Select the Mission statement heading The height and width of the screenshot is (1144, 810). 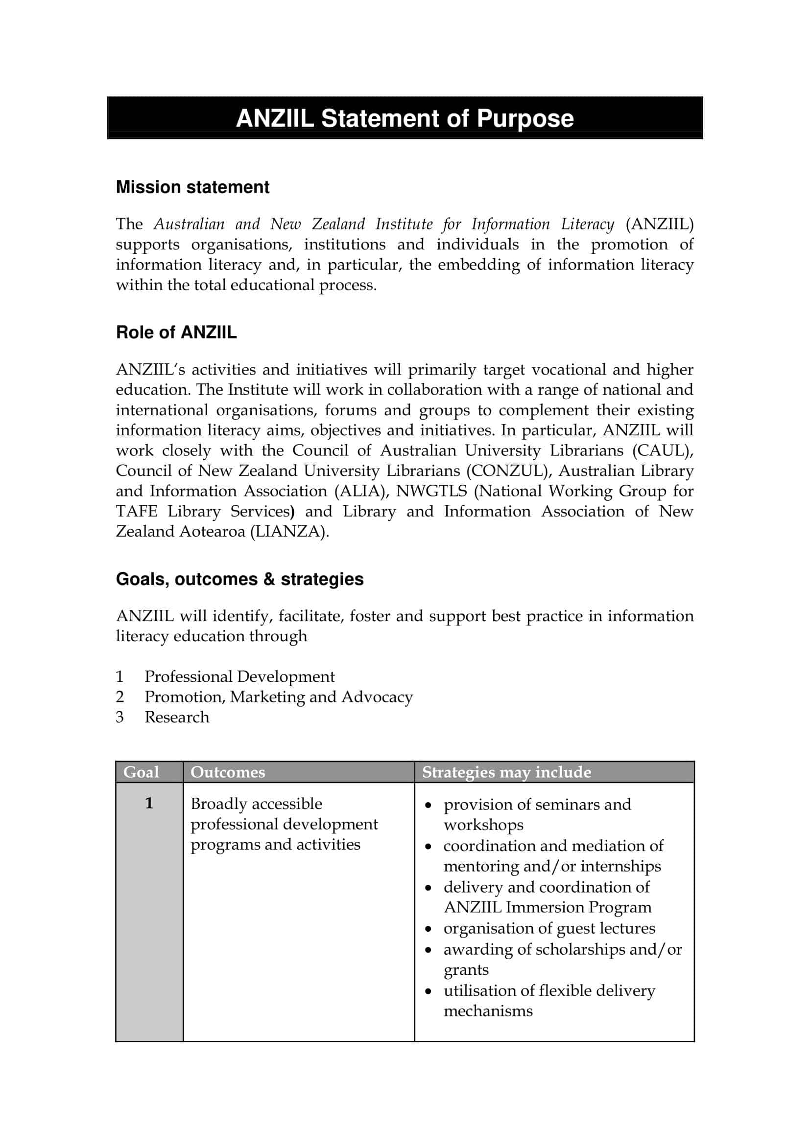[192, 187]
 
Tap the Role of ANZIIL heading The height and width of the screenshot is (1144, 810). [176, 332]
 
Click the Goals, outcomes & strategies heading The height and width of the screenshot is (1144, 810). [239, 579]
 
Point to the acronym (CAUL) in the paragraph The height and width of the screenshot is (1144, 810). [663, 450]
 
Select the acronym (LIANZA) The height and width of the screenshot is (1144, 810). [289, 532]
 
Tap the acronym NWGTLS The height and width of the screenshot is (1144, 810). [431, 491]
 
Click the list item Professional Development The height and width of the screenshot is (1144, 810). [239, 676]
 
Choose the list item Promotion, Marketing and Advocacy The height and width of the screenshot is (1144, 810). [278, 697]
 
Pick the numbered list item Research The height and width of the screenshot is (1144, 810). [177, 718]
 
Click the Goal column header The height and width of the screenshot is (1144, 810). [141, 772]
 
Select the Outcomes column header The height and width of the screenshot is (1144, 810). [227, 772]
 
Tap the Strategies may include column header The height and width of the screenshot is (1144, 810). [506, 772]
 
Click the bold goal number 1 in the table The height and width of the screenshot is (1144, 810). [149, 803]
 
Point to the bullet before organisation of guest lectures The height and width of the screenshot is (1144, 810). [428, 929]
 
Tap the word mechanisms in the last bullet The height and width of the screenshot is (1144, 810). [488, 1011]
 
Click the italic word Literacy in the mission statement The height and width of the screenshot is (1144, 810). [587, 224]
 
